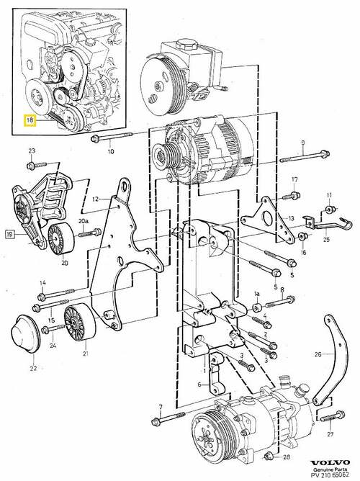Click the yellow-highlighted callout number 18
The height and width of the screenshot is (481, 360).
coord(30,120)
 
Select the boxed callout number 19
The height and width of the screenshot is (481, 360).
coord(9,235)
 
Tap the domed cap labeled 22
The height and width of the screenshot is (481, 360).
coord(25,334)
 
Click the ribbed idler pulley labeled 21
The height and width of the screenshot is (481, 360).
coord(80,323)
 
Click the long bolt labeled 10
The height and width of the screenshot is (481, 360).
coord(112,137)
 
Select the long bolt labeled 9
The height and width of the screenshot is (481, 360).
coord(305,156)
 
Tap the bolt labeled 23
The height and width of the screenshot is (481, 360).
coord(36,165)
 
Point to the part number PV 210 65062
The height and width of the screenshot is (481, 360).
coord(330,475)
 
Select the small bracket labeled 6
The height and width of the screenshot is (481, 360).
coord(216,374)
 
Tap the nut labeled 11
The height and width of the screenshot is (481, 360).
coord(330,210)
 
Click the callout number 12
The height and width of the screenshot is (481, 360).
coord(95,199)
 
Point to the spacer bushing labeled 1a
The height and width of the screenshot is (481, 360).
coord(257,307)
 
